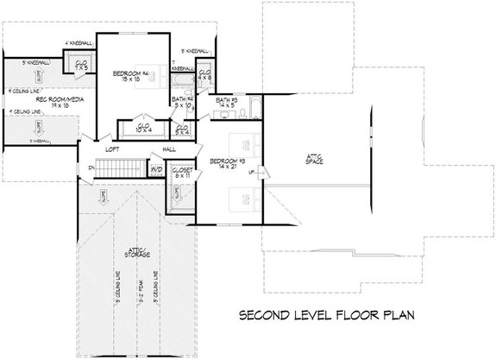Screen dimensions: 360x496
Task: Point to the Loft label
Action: tap(111, 148)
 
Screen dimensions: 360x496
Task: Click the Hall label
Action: tap(170, 148)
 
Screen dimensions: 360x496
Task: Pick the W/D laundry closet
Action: tap(157, 169)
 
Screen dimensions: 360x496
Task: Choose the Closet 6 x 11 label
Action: tap(182, 174)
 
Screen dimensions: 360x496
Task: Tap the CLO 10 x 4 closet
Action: tap(146, 127)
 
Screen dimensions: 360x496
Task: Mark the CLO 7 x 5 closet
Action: tap(81, 64)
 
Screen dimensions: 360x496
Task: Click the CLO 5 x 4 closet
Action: tap(183, 129)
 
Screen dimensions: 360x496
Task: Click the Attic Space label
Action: tap(313, 158)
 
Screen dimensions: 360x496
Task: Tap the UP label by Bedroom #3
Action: tap(253, 172)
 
